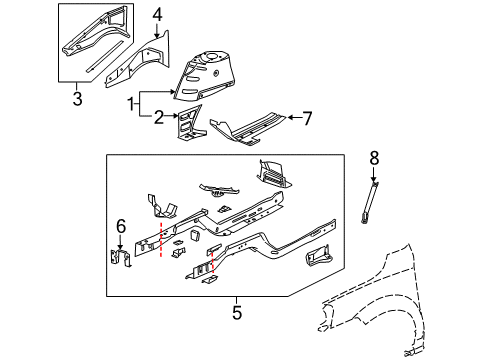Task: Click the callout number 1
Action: click(x=129, y=102)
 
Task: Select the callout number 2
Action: click(x=157, y=117)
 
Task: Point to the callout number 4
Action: click(x=158, y=14)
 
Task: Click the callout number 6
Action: click(x=121, y=226)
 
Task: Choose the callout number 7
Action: click(x=308, y=117)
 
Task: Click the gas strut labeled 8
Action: click(x=370, y=204)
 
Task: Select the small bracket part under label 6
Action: click(x=119, y=257)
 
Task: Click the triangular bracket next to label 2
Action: click(x=189, y=125)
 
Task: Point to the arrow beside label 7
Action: click(x=291, y=117)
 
